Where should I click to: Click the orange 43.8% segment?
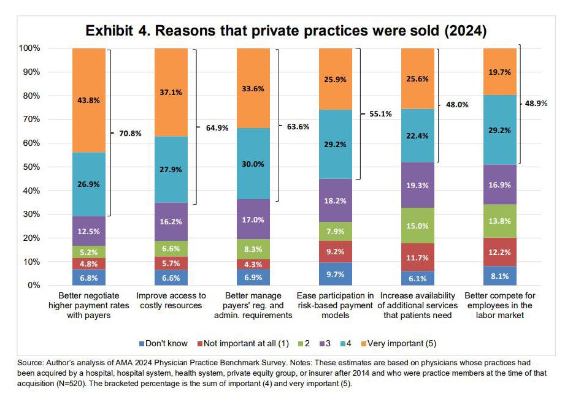coord(89,100)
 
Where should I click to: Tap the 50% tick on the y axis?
coord(31,167)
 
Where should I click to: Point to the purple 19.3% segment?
coord(417,185)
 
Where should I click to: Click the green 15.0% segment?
coord(417,226)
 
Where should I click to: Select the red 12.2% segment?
coord(500,252)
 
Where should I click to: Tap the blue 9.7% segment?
coord(336,274)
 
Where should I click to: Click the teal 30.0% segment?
coord(253,164)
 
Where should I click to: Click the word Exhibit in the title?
coord(110,31)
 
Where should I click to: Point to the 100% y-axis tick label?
coord(29,48)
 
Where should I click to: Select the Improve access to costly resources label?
coord(171,301)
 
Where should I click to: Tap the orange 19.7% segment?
coord(500,71)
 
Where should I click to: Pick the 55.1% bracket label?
coord(379,114)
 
